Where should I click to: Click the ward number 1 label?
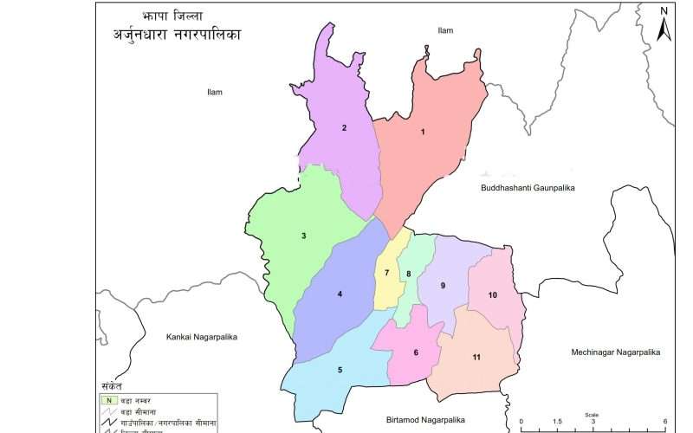coord(423,132)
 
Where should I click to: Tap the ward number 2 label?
coord(344,128)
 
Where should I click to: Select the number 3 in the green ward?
coord(303,236)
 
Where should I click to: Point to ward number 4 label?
coord(340,294)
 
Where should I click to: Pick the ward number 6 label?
coord(416,352)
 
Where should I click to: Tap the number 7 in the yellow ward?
coord(386,274)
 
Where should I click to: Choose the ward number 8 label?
coord(408,275)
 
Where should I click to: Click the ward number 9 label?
coord(443,286)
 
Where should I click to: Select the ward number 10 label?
coord(492,295)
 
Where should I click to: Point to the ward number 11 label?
coord(476,358)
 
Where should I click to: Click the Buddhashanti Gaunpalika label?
coord(528,187)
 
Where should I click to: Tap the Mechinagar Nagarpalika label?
coord(615,352)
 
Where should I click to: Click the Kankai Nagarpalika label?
coord(201,336)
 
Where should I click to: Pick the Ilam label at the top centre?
coord(445,30)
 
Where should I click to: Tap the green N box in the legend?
coord(108,400)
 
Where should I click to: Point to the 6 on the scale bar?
coord(664,421)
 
